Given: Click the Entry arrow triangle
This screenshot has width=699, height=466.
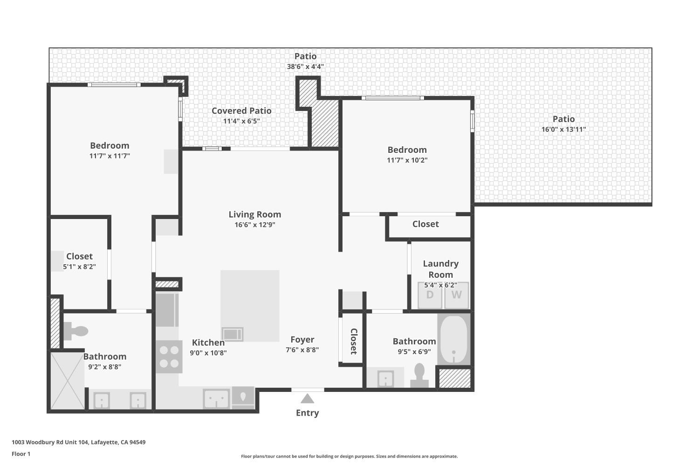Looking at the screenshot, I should tap(307, 399).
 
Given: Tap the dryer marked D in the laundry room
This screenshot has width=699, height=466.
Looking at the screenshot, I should tap(430, 295).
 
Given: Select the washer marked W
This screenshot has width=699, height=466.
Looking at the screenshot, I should tap(456, 295).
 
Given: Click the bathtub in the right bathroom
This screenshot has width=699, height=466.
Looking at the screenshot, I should tap(453, 339).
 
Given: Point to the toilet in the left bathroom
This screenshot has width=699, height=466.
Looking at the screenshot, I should tap(75, 331).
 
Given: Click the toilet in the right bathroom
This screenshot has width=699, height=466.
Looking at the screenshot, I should tap(419, 376).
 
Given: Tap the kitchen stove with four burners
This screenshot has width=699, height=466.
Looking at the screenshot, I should tap(169, 356).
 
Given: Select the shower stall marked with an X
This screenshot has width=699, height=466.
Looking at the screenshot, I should tap(67, 381).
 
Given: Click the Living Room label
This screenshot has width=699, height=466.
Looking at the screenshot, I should tap(255, 214).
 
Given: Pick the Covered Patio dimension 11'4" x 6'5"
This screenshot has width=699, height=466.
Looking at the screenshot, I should tap(241, 121).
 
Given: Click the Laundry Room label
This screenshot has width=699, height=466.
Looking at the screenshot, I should tap(440, 269).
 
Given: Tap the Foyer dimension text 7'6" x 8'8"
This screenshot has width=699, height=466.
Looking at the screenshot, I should tap(302, 350).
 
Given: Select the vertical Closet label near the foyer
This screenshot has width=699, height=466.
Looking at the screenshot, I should tap(353, 341).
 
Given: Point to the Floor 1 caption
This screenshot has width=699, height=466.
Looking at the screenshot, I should tap(21, 454).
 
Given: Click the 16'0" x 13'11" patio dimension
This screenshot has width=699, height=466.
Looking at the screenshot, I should tap(563, 130).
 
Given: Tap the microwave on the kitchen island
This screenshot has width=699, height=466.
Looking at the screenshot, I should tap(232, 334).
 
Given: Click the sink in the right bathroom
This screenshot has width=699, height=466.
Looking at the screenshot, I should tap(385, 378).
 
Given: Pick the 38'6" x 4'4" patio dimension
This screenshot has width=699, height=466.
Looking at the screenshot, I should tap(305, 67).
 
